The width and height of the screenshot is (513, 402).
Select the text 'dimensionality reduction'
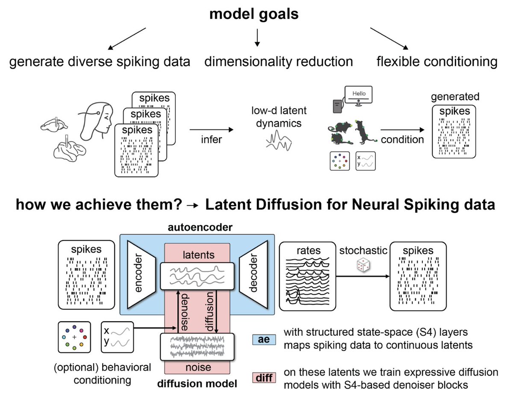point(278,62)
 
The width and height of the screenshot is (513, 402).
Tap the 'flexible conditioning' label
point(437,62)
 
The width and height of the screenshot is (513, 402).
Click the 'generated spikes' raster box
point(454,137)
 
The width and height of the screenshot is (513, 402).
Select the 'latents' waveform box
point(197,276)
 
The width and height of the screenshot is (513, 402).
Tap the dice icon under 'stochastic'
point(362,266)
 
